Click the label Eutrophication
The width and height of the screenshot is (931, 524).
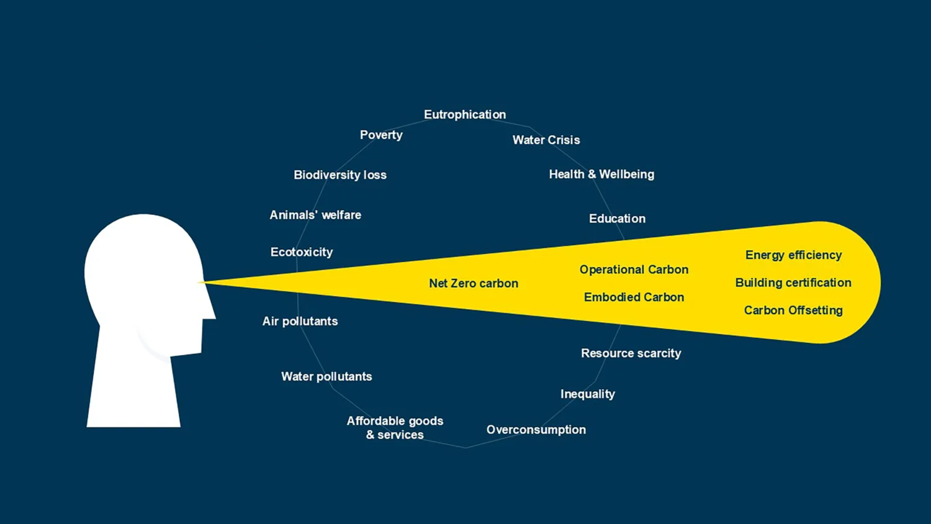point(465,115)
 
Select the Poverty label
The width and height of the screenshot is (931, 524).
point(381,135)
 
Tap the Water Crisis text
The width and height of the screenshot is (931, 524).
point(546,140)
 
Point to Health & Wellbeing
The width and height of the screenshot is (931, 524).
point(601,174)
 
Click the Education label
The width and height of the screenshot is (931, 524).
point(617,219)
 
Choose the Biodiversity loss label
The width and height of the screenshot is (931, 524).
point(340,175)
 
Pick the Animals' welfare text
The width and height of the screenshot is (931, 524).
point(315,215)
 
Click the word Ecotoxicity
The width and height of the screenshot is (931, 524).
point(302,252)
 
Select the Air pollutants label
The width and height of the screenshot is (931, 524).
point(300,321)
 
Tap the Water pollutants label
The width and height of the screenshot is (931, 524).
point(326,376)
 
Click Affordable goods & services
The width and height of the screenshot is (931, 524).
point(395,428)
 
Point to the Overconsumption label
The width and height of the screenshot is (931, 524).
point(536,430)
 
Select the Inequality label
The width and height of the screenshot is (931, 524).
point(588,394)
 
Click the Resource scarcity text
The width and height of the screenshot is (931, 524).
point(631,353)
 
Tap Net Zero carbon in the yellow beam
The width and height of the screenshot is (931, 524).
point(474,284)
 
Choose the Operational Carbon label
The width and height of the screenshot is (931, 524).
point(634,269)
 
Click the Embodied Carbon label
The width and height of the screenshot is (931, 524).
point(634,297)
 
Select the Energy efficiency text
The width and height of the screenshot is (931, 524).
point(793,255)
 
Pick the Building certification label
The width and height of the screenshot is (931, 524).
point(793,282)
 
